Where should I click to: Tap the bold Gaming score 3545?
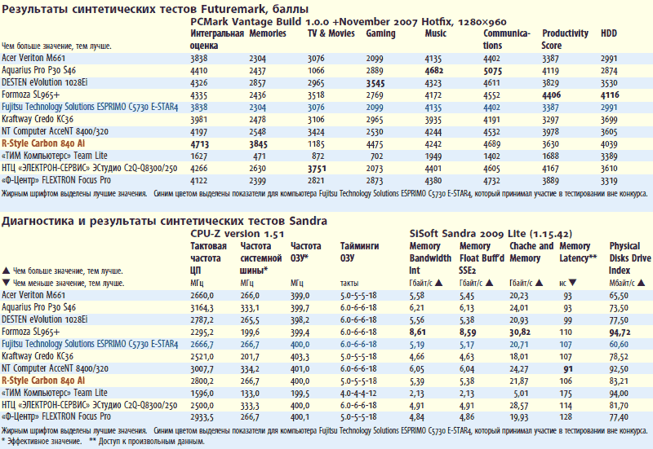[x=377, y=83]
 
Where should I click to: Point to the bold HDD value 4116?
[x=612, y=95]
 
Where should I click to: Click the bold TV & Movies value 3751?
[x=319, y=168]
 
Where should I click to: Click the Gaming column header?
[x=380, y=34]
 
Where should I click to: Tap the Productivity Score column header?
[x=565, y=39]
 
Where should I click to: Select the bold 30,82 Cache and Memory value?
[x=520, y=332]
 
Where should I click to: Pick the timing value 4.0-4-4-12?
[x=358, y=392]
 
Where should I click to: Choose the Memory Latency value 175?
[x=566, y=392]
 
